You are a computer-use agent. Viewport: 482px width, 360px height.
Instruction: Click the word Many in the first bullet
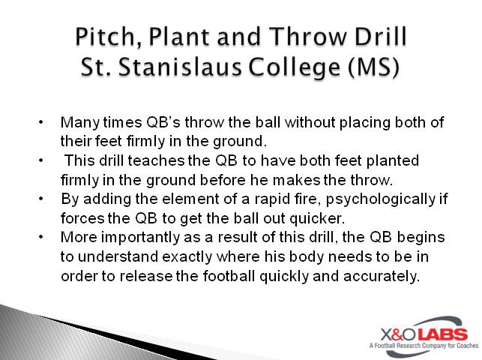[76, 121]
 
